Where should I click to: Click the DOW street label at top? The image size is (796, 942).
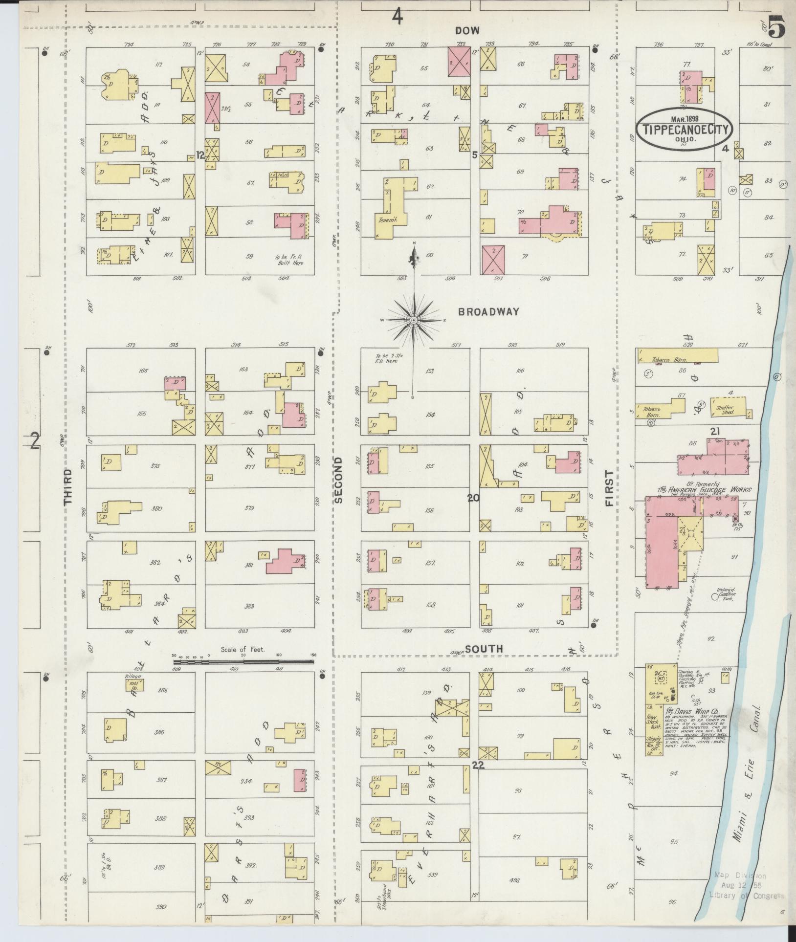467,30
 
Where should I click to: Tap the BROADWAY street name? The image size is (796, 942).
488,311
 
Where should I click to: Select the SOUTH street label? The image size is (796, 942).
484,649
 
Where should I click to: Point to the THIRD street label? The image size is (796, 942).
68,486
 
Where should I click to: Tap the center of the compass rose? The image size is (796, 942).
414,320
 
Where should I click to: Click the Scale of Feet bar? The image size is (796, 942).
243,662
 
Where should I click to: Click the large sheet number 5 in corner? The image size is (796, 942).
776,27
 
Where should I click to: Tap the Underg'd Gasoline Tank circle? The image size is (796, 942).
714,597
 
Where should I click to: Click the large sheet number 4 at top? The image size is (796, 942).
397,18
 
